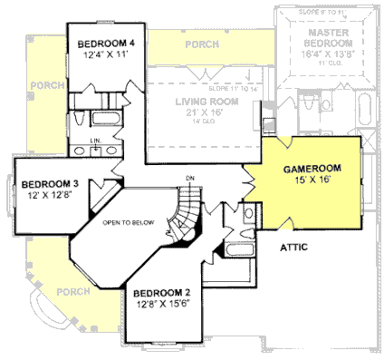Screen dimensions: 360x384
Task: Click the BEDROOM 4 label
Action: [106, 44]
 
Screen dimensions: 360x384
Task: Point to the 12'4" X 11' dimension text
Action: [106, 56]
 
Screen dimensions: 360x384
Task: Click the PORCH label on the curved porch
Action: [72, 293]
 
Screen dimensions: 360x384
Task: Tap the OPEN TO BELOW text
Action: [128, 222]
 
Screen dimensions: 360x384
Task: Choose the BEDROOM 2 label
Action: [162, 294]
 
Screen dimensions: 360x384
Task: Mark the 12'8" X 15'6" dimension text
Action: [162, 306]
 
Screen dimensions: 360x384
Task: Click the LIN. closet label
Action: [95, 141]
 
